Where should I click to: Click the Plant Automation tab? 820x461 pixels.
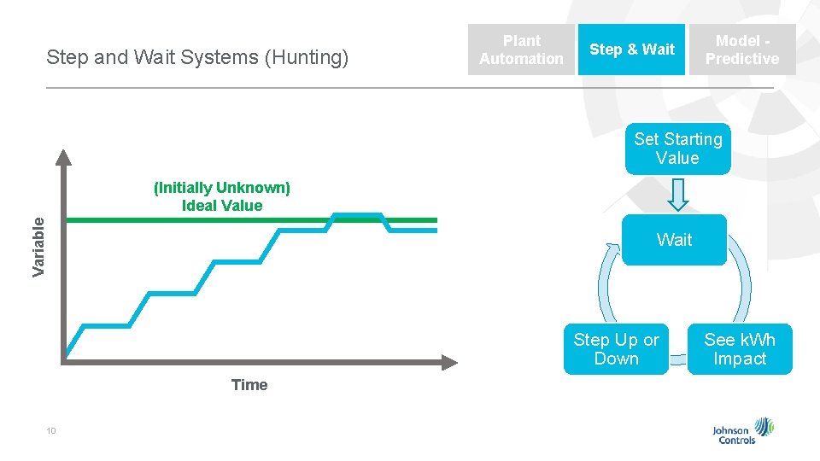coord(521,50)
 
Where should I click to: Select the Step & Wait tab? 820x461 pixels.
coord(631,50)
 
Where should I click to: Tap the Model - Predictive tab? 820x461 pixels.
coord(741,50)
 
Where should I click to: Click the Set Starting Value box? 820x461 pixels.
coord(677,149)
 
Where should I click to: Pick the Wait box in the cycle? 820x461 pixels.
coord(674,240)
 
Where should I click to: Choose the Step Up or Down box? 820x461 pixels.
coord(616,349)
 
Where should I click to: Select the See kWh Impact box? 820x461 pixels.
coord(740,349)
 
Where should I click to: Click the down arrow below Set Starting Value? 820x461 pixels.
coord(677,195)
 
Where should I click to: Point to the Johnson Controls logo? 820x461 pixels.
coord(744,431)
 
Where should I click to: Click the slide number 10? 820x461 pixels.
coord(51,431)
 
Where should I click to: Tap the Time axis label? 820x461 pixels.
coord(249,385)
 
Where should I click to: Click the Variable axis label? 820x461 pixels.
coord(38,246)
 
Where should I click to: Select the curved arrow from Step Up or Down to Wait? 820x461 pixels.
coord(608,286)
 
